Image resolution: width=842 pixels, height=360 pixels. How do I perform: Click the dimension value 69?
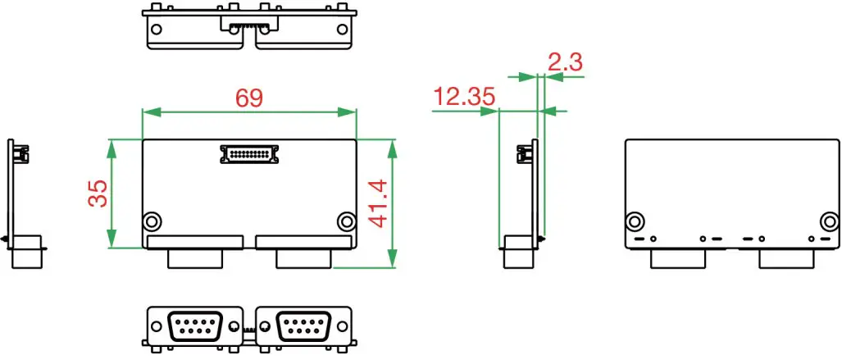point(249,98)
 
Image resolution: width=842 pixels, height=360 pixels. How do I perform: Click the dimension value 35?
point(98,194)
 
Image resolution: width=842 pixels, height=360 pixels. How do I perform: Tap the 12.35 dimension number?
point(465,98)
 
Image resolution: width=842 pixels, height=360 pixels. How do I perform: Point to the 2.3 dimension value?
point(565,62)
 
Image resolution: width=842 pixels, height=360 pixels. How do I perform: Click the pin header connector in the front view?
point(250,153)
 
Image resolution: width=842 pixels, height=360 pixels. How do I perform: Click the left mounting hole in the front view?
point(152,221)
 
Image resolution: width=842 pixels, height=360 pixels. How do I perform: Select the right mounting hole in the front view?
point(347,221)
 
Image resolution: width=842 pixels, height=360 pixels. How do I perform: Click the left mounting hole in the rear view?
point(635,221)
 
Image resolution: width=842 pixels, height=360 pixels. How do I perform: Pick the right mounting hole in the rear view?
point(831,221)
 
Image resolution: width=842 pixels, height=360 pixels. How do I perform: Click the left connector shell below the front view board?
point(195,258)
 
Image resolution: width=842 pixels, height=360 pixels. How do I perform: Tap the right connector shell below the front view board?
point(304,258)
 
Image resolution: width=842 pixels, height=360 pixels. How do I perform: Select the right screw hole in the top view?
point(342,30)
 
